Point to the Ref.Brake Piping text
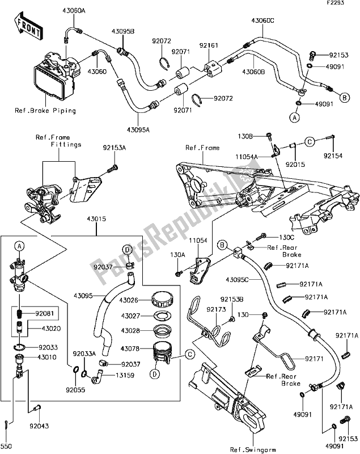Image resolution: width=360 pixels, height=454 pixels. coord(45,111)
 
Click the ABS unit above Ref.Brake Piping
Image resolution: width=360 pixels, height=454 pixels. coord(57,74)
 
